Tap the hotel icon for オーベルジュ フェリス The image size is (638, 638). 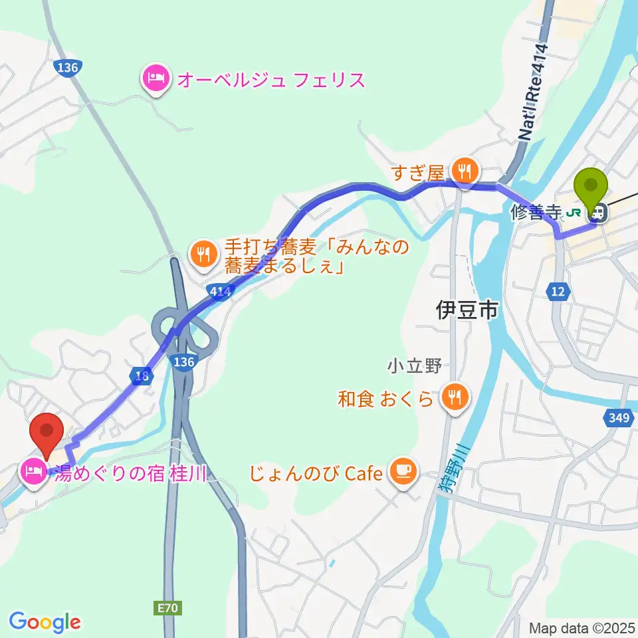coord(155,80)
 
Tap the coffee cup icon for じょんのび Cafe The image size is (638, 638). coord(403,473)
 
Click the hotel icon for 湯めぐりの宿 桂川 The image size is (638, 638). coord(34,474)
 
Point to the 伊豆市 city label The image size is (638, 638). coord(467,310)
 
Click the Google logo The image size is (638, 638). coord(45,622)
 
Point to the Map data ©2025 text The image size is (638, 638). coord(582,627)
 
